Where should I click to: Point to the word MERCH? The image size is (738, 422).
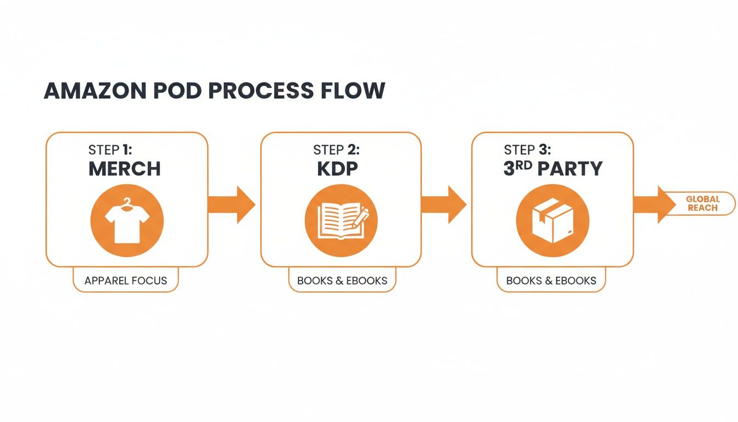click(125, 169)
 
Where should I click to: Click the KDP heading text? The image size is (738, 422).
click(337, 169)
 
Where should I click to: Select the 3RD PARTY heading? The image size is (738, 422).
click(553, 169)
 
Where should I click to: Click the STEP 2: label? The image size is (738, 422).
click(336, 150)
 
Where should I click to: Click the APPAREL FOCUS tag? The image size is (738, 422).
click(125, 280)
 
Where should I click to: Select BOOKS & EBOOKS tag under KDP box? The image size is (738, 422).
click(342, 280)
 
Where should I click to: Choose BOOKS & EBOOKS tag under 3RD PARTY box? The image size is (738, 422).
click(551, 280)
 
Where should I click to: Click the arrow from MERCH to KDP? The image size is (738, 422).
click(232, 204)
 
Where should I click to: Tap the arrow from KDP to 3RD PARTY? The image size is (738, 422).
click(444, 204)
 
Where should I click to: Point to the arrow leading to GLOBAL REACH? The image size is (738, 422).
click(653, 204)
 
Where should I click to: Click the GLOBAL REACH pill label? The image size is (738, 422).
click(702, 203)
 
